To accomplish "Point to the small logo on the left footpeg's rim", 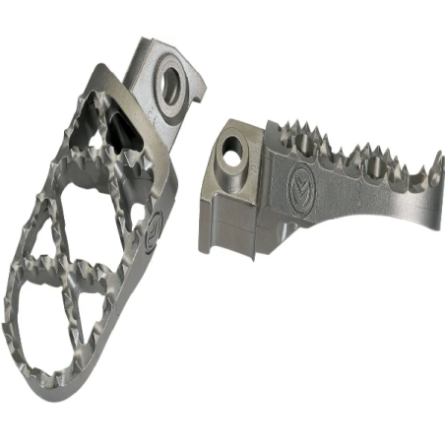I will click(x=154, y=235).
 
